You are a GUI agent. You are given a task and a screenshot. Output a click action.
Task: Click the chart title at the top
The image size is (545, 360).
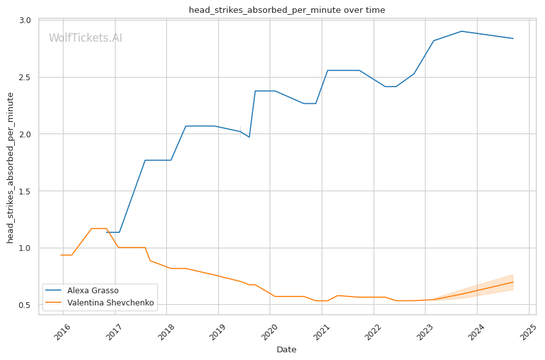[x=287, y=10]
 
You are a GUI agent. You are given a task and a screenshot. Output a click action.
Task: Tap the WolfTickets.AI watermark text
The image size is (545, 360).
[x=85, y=38]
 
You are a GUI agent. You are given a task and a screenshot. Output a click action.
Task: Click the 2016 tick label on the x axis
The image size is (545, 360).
[x=62, y=332]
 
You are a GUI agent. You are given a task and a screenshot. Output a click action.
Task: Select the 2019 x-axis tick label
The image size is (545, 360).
[x=218, y=332]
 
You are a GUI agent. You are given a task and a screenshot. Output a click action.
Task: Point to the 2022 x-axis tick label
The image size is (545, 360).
[x=373, y=332]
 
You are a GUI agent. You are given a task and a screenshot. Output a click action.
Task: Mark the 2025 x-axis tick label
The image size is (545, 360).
[x=528, y=332]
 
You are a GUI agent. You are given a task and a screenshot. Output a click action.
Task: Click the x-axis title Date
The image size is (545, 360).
[x=287, y=350]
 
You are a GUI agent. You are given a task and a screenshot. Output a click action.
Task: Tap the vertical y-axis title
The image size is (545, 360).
[x=10, y=168]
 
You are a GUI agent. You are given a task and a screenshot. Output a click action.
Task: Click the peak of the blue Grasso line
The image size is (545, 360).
[x=462, y=31]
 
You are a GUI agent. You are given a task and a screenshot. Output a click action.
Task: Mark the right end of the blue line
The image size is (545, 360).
[x=513, y=39]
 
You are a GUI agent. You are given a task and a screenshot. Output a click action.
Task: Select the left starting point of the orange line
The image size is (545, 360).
[x=61, y=255]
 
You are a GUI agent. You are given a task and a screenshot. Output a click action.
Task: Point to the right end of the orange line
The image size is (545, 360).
[x=513, y=282]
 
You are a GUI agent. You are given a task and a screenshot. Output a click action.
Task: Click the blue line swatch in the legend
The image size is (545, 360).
[x=53, y=291]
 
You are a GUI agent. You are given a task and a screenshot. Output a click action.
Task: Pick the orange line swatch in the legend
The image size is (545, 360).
[x=53, y=303]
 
